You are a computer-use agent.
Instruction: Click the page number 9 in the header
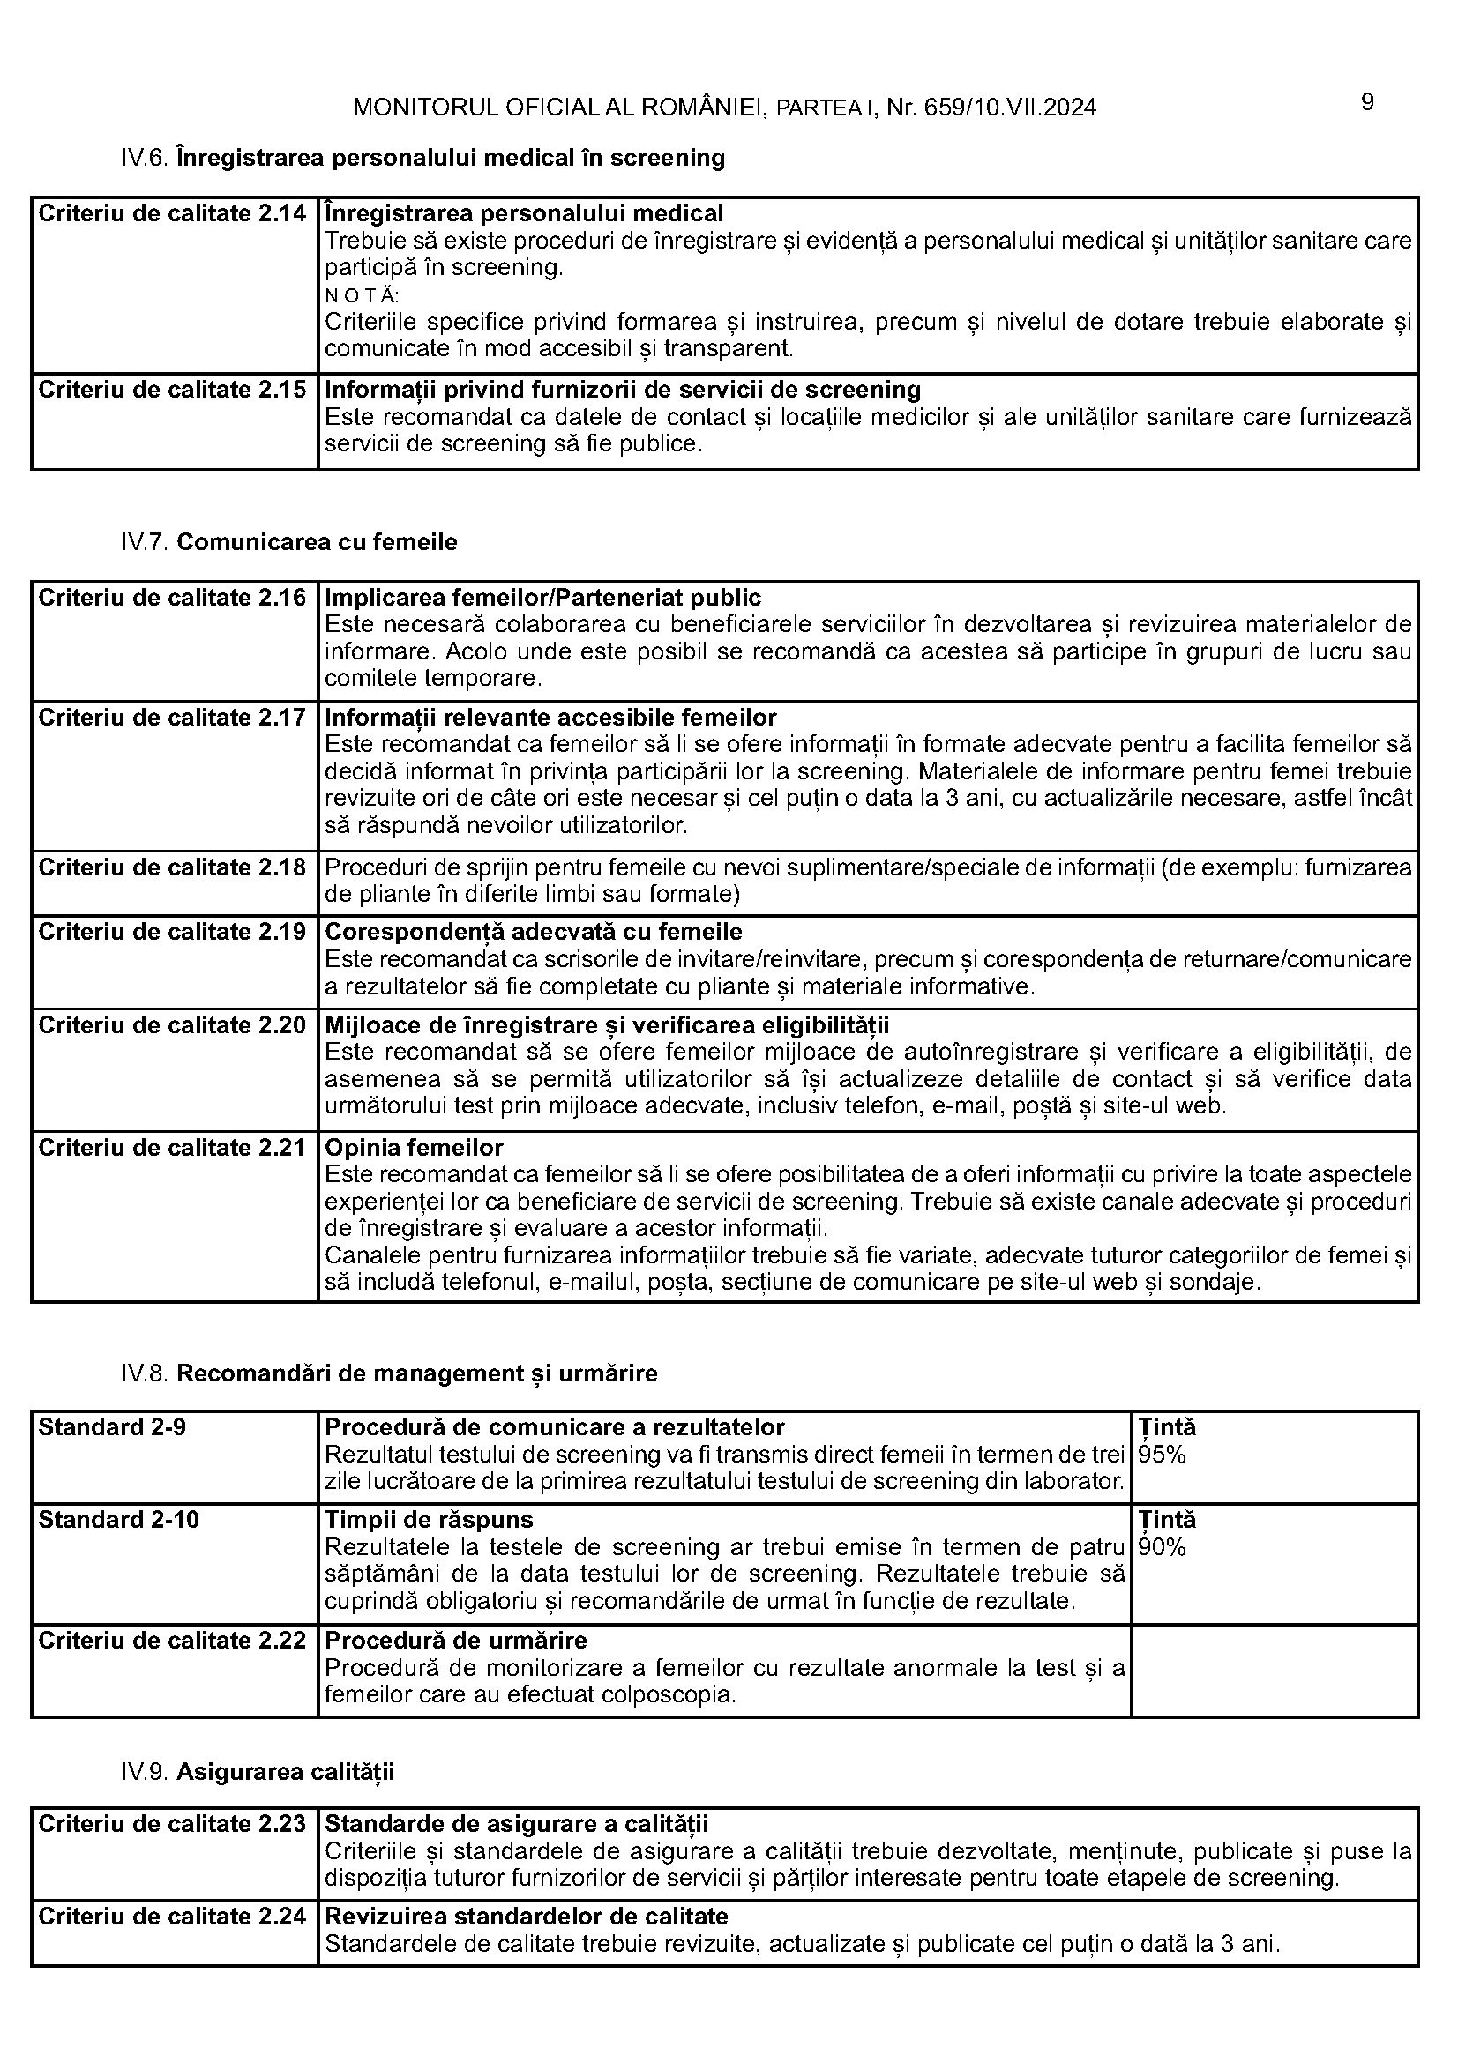tap(1366, 103)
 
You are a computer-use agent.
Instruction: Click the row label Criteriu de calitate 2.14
tap(173, 213)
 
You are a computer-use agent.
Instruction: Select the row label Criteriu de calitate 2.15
tap(173, 390)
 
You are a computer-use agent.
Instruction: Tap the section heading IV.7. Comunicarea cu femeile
tap(289, 542)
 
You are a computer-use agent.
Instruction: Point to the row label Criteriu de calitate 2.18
tap(173, 867)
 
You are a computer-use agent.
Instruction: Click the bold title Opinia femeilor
tap(414, 1148)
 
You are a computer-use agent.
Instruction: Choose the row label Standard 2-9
tap(112, 1427)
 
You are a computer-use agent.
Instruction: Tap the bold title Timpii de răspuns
tap(429, 1520)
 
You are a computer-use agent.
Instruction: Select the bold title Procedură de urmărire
tap(455, 1641)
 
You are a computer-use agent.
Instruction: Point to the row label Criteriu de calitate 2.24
tap(173, 1917)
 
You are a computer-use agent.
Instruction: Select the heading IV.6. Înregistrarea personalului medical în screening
tap(423, 159)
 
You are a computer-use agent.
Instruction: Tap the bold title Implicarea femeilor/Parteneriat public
tap(542, 598)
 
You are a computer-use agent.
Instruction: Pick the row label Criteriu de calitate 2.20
tap(173, 1025)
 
